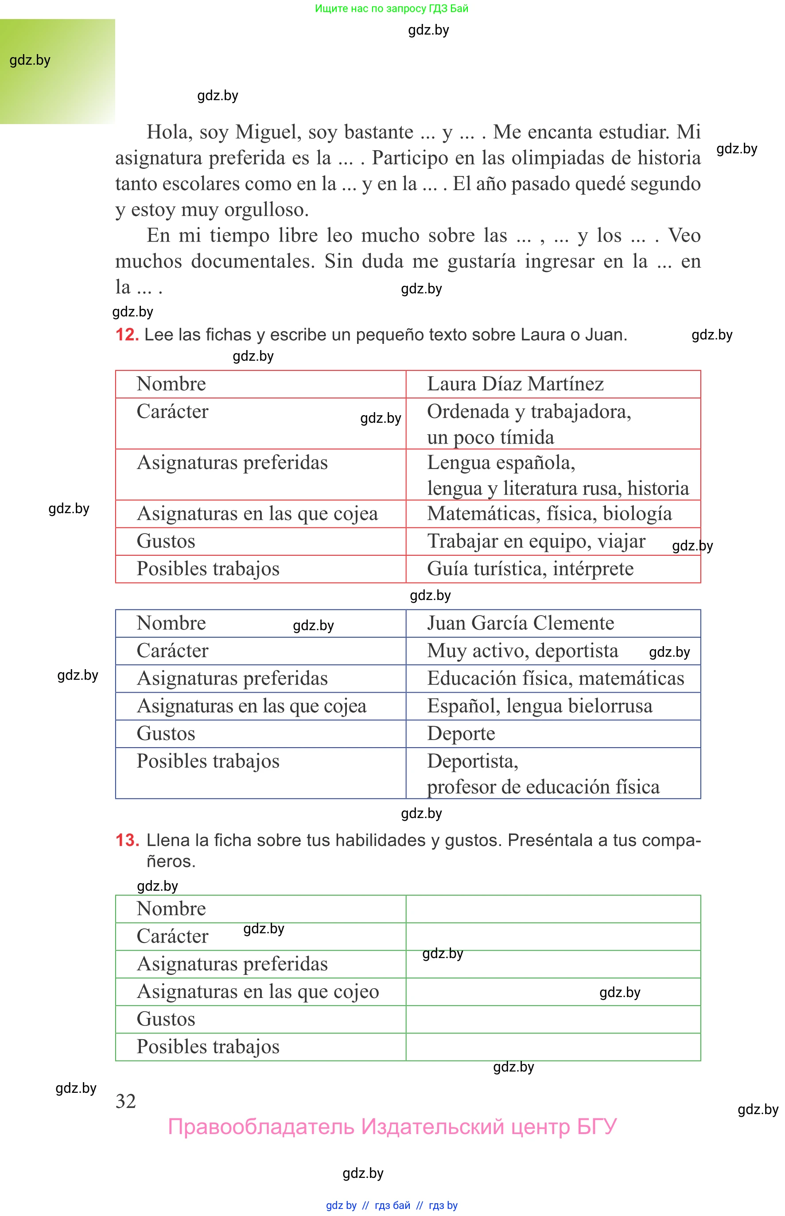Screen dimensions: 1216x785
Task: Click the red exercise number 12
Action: pos(126,335)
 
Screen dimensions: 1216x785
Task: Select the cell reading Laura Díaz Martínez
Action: pos(515,384)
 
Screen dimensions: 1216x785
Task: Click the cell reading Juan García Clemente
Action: pos(520,623)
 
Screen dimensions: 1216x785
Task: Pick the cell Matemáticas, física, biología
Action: pos(549,514)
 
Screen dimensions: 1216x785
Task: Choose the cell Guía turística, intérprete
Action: pos(530,569)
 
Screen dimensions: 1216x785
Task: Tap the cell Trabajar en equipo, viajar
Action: pos(536,541)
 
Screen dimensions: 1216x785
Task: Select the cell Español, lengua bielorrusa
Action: pos(539,706)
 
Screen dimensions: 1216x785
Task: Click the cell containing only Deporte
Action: pos(461,734)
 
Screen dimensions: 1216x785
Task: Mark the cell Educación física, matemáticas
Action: pos(555,678)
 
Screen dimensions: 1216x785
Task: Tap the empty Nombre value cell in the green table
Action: pos(552,909)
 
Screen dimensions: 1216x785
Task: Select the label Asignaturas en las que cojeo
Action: pos(258,992)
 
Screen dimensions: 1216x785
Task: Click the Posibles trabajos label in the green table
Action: pos(208,1047)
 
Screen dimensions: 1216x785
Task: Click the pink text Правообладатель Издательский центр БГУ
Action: pos(392,1126)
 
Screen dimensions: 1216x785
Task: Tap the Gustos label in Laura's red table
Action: pos(166,541)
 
